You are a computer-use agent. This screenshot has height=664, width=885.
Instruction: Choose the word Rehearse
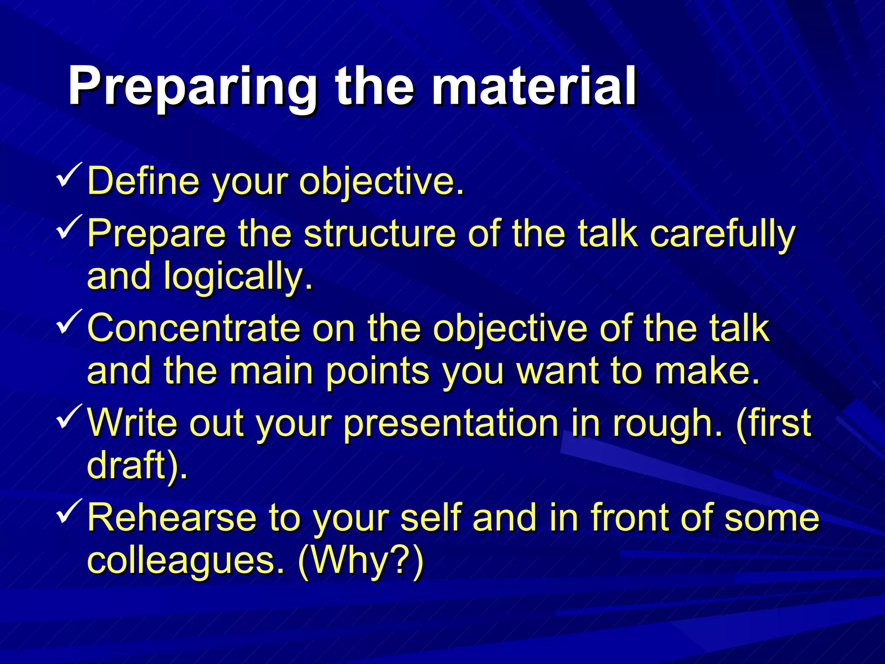point(172,517)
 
